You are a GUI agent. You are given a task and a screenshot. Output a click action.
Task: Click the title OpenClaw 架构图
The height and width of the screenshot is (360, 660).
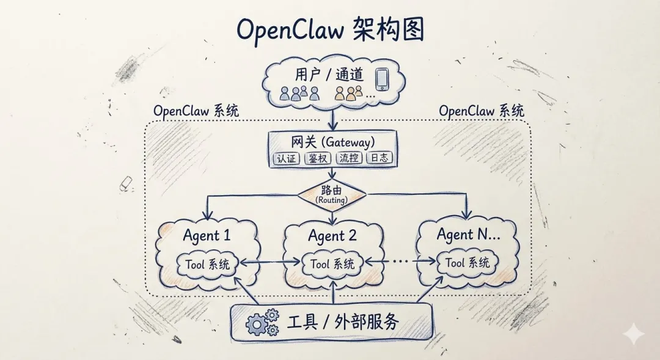coord(330,29)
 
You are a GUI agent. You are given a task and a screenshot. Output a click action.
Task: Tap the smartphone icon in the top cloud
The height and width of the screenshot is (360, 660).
coord(382,79)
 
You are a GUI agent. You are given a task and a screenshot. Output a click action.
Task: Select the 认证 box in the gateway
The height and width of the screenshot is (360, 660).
coord(285,158)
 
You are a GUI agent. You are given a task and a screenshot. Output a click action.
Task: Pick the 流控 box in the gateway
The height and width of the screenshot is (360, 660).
coord(349,158)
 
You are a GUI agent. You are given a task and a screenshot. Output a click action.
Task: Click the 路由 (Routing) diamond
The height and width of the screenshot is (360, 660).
coord(331,194)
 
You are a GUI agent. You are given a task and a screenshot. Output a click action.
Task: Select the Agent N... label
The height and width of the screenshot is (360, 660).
coord(468,234)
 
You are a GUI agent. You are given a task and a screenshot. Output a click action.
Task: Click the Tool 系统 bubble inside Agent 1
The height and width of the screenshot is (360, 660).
coord(207,264)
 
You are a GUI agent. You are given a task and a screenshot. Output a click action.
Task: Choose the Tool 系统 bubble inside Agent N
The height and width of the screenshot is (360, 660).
coord(468,263)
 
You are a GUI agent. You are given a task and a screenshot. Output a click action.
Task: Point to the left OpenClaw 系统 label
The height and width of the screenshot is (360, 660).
coord(196,111)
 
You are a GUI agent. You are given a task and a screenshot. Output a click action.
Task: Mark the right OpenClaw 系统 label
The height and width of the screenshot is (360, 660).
coord(482,111)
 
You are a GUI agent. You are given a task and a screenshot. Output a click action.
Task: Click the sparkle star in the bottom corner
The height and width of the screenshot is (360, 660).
coord(634,334)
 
